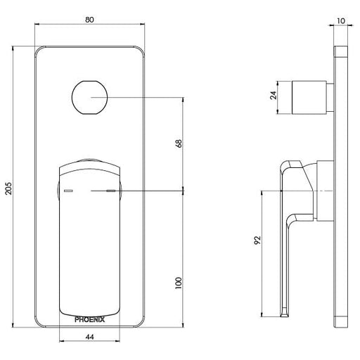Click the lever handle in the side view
point(290,225)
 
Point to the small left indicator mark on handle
point(68,191)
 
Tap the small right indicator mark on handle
point(111,191)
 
